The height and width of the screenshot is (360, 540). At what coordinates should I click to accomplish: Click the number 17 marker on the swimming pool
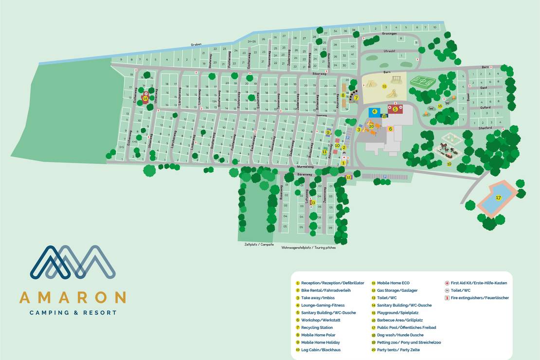coord(498,198)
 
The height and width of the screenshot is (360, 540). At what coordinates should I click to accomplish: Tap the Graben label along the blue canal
coord(196,44)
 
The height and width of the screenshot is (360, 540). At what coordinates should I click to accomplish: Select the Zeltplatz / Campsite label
coord(259,244)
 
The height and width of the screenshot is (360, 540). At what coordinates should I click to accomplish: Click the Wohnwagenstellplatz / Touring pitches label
coord(308,248)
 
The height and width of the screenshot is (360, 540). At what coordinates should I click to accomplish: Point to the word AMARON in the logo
coord(72,297)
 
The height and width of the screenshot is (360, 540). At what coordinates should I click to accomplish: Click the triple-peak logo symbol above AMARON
coord(72,262)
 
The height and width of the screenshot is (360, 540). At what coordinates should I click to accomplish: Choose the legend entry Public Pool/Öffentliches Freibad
coord(406,327)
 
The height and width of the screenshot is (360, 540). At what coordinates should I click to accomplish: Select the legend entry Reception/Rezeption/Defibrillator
coord(332,283)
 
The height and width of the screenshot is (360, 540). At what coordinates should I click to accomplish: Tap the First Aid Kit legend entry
coord(479,283)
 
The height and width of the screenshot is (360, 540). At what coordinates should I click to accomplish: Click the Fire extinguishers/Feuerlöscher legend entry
coord(479,298)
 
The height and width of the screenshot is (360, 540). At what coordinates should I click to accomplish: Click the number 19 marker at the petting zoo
coord(449,164)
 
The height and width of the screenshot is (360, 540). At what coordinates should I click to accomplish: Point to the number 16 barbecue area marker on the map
coord(440,106)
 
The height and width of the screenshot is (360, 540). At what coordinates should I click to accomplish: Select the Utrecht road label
coord(389,51)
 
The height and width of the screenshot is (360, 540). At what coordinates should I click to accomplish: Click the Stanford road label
coord(485,127)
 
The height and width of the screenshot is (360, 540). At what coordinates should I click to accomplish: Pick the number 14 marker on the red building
coord(145,98)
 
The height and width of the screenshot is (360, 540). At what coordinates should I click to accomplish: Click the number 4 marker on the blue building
coord(375,111)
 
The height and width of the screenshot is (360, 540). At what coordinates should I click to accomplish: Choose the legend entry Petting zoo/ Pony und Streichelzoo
coord(409,342)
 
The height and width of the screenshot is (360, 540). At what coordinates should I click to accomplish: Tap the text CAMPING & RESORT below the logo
coord(72,312)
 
